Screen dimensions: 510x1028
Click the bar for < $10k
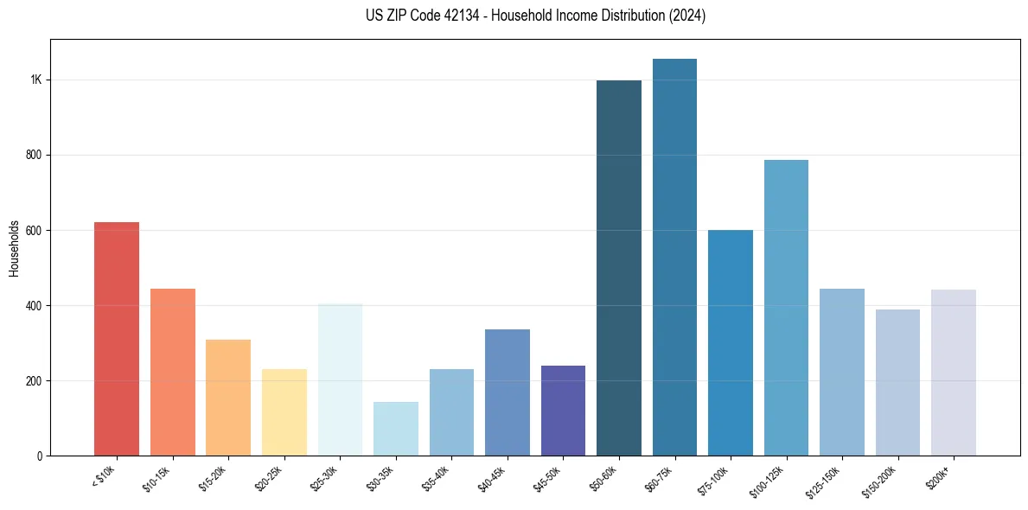[117, 339]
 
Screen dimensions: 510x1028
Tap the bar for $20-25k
[284, 412]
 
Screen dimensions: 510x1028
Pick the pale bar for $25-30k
[340, 379]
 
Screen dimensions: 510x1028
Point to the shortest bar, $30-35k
[396, 429]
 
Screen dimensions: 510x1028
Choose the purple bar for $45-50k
[563, 411]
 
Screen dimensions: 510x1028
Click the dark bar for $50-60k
[619, 268]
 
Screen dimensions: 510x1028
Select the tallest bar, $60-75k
[674, 257]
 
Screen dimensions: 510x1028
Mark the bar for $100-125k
[786, 308]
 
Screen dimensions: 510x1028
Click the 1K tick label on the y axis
[36, 80]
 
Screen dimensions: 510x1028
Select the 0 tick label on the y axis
[39, 456]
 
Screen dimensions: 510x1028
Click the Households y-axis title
[15, 248]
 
